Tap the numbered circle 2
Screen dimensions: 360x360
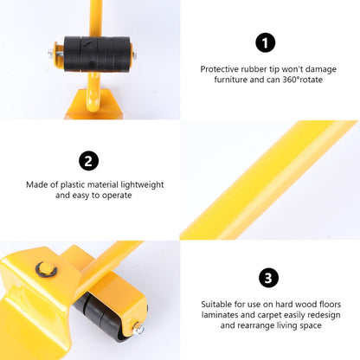(89, 161)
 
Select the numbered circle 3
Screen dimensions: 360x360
(269, 278)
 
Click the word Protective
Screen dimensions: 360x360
(222, 68)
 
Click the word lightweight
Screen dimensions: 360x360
(140, 184)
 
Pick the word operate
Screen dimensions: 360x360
(113, 196)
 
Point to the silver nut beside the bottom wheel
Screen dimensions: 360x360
(138, 328)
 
